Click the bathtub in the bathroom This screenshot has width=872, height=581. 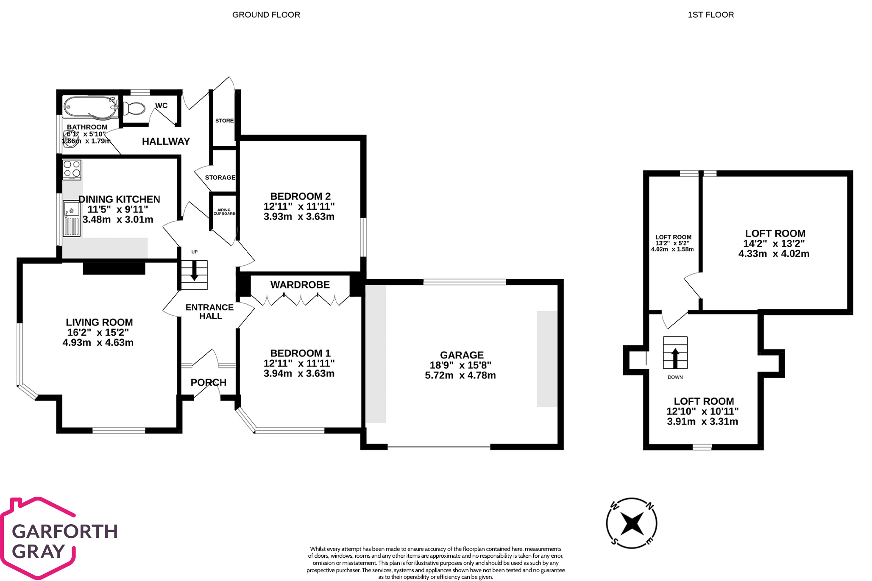click(x=90, y=107)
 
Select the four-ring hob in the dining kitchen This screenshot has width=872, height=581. click(x=72, y=170)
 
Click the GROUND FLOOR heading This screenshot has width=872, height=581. click(x=266, y=15)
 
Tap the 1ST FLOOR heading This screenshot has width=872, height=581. click(x=710, y=15)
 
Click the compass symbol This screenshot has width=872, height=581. click(x=632, y=523)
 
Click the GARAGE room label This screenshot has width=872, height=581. click(x=462, y=355)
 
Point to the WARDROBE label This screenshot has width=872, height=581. click(x=300, y=285)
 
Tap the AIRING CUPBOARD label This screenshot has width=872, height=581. click(x=224, y=212)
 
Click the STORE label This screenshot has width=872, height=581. click(x=224, y=121)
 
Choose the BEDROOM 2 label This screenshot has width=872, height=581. click(x=300, y=196)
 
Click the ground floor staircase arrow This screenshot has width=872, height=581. click(x=194, y=270)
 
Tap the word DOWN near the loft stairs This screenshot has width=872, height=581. click(x=675, y=377)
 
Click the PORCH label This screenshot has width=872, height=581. click(x=209, y=383)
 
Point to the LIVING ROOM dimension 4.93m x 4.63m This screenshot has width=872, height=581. click(x=98, y=343)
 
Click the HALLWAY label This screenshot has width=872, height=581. click(x=166, y=142)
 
